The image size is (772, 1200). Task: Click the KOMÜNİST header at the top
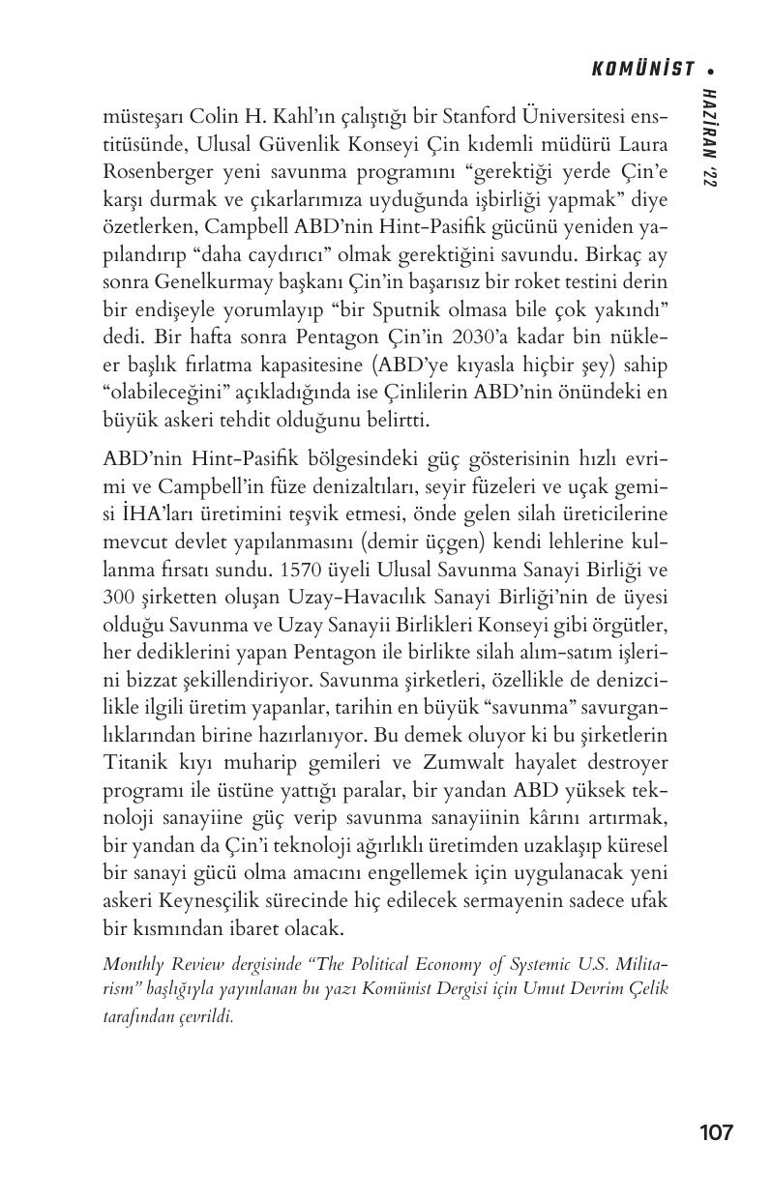tap(643, 69)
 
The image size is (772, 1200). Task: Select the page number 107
tap(716, 1132)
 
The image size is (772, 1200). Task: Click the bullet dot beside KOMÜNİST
tap(711, 70)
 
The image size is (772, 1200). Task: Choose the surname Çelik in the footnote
tap(648, 989)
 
